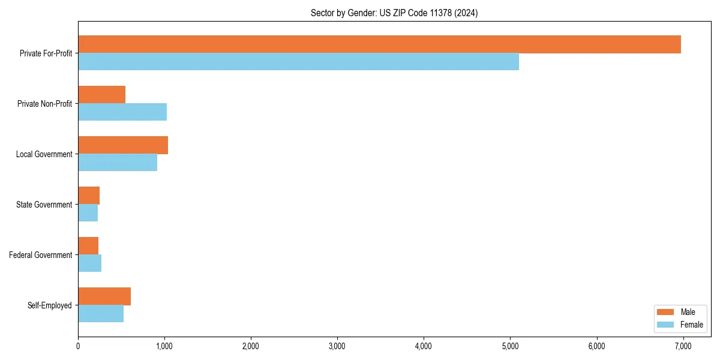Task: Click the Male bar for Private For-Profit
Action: [379, 44]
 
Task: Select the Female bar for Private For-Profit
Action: [298, 62]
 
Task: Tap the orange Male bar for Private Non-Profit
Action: [101, 95]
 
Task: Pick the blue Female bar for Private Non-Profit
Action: [122, 112]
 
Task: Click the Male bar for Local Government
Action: [123, 145]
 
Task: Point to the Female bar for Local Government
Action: [118, 163]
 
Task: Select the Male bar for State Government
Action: [89, 196]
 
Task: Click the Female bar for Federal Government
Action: [89, 263]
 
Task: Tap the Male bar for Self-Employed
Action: [104, 296]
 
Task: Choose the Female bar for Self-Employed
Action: [101, 314]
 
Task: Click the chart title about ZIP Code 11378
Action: [394, 13]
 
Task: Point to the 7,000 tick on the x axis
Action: [683, 346]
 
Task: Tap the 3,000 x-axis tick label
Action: [337, 346]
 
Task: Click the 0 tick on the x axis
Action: [78, 346]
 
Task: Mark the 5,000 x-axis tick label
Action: [510, 346]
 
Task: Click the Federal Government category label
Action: [41, 255]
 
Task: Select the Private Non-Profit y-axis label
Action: [44, 104]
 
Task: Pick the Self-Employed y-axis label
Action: [50, 305]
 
